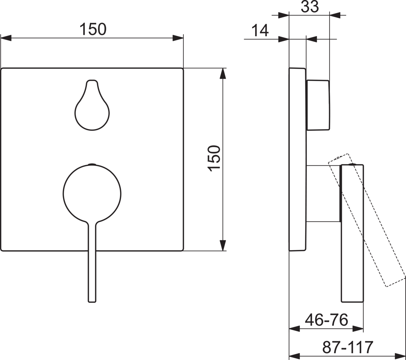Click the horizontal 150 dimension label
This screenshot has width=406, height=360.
[93, 29]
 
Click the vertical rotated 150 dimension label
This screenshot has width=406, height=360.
[214, 158]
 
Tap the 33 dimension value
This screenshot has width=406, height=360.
[310, 7]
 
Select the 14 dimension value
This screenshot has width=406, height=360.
[260, 30]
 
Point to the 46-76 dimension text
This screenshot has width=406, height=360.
[326, 320]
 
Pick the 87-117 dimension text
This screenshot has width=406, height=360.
[348, 347]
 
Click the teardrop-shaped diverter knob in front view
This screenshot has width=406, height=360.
[92, 105]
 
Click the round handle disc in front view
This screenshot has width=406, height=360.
[92, 194]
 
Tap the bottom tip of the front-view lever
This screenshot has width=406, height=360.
[92, 302]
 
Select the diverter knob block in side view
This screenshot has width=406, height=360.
[318, 105]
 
